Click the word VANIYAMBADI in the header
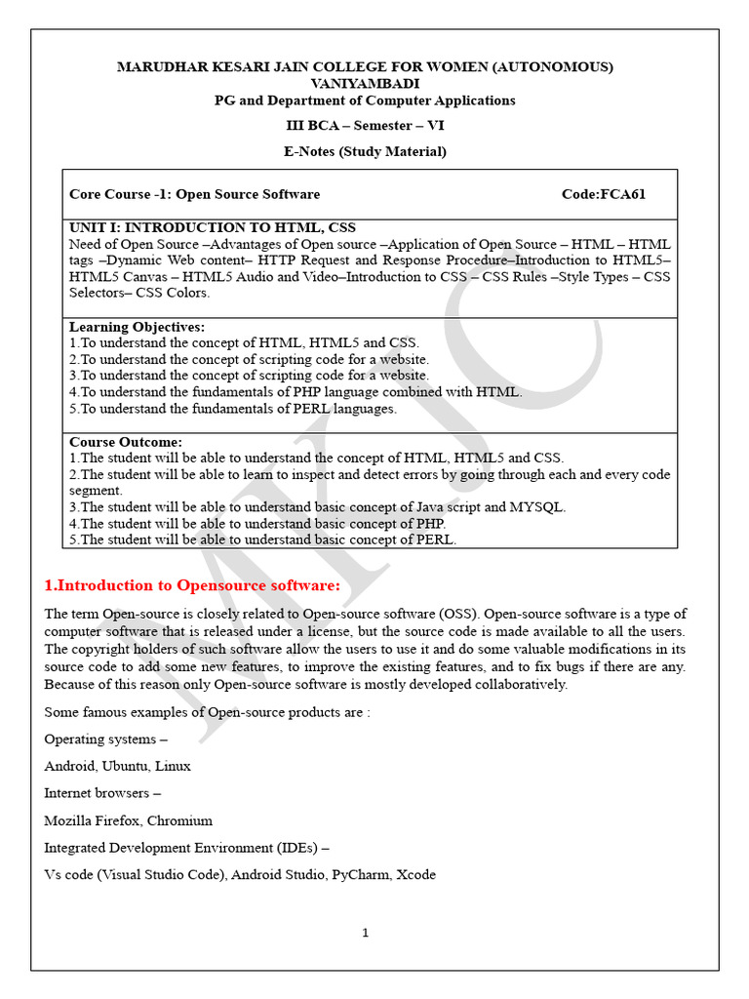coord(365,83)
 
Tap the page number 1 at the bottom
coord(365,933)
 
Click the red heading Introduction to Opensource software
coord(192,585)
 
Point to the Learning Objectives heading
coord(138,327)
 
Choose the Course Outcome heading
coord(126,442)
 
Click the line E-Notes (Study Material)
coord(365,151)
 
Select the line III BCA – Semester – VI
coord(365,126)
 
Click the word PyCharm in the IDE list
coord(361,875)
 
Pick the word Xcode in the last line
coord(416,875)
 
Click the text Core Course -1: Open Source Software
coord(195,194)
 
